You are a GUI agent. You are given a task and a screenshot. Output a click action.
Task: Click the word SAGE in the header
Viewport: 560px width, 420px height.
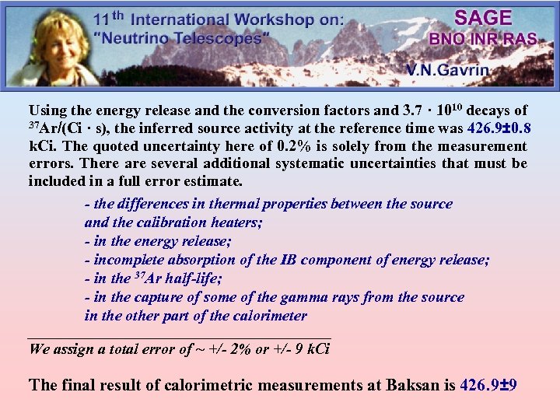483,18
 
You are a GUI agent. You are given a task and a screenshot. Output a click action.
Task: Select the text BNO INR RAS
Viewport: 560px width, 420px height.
482,39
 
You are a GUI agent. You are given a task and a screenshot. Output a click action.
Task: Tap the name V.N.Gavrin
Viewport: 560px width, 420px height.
447,70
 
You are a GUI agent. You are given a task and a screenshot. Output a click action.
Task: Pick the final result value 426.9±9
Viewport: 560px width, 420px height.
489,384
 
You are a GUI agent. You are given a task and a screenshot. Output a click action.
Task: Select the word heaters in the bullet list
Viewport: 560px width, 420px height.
236,222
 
